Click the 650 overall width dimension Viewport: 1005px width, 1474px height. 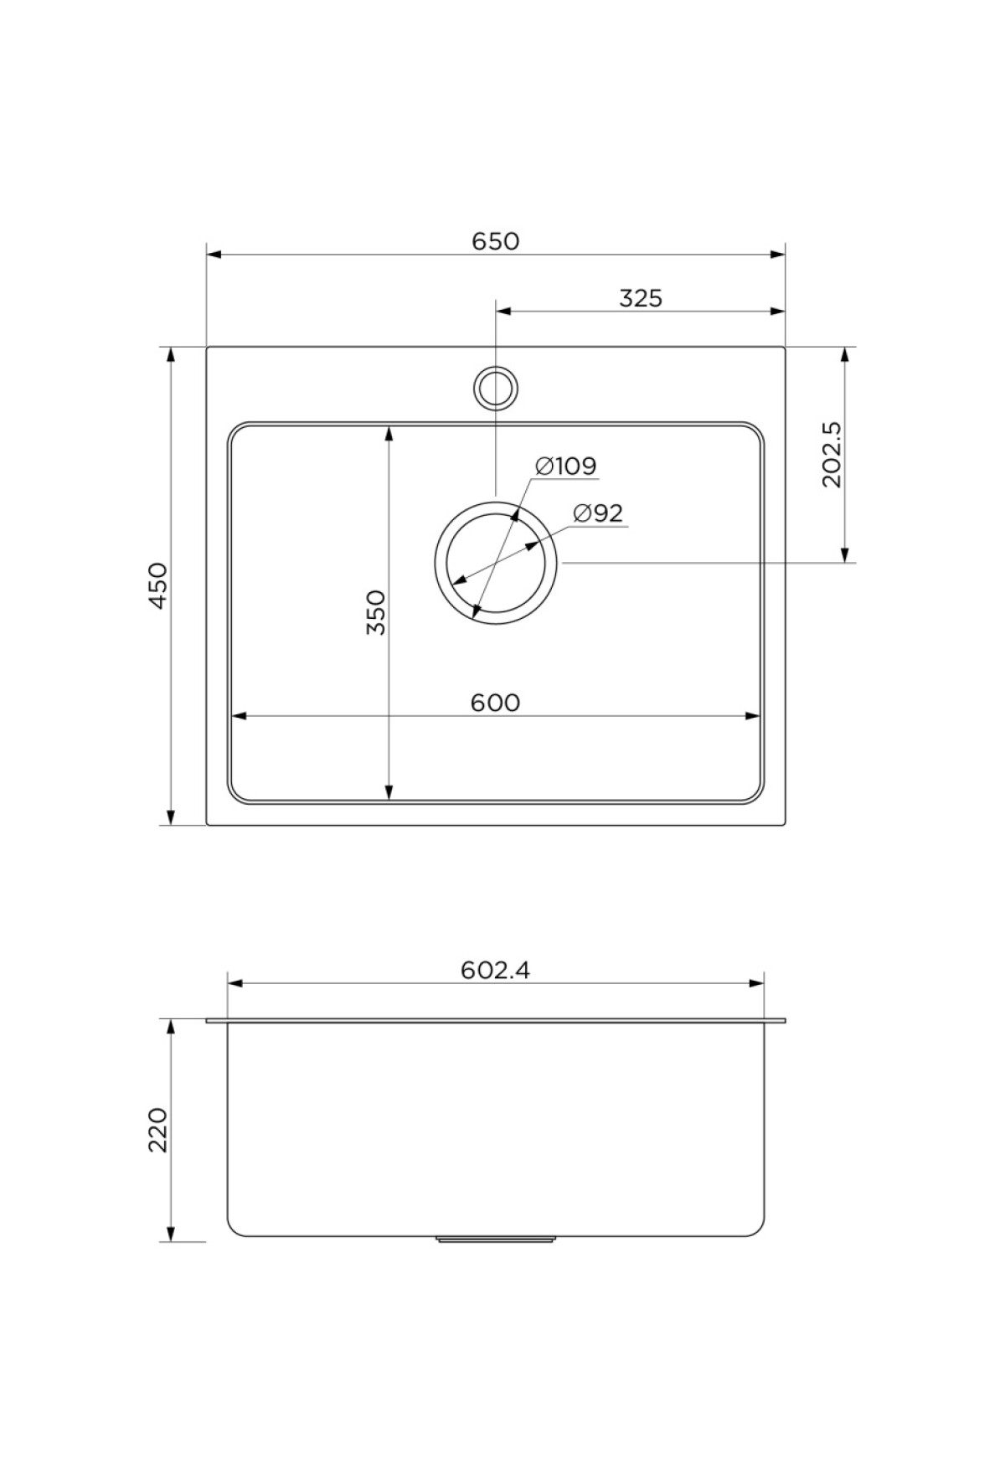click(496, 241)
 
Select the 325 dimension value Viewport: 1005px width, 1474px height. click(641, 298)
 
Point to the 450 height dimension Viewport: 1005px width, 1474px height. click(159, 586)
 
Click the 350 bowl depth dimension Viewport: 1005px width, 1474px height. click(377, 611)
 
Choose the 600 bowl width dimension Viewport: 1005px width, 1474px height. click(495, 703)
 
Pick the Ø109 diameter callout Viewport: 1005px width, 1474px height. click(565, 465)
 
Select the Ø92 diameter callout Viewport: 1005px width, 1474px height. click(599, 513)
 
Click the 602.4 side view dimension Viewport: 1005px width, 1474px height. click(495, 970)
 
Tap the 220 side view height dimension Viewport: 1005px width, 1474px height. click(159, 1129)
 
